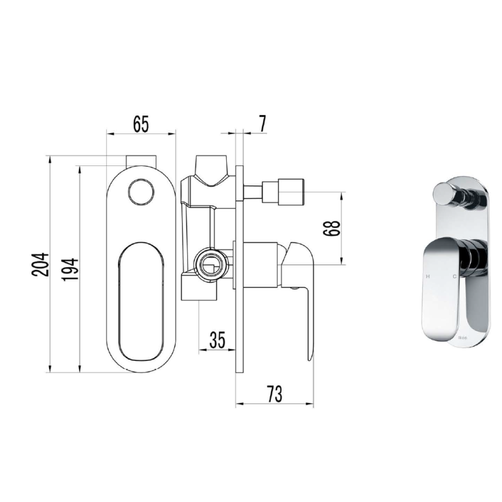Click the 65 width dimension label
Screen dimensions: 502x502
pyautogui.click(x=141, y=124)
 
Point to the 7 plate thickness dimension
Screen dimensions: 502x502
pyautogui.click(x=262, y=124)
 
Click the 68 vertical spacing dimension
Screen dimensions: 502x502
pyautogui.click(x=333, y=229)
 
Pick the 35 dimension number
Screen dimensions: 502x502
pyautogui.click(x=217, y=340)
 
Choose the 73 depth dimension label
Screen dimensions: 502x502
pyautogui.click(x=273, y=393)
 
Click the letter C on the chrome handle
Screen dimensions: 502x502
pyautogui.click(x=454, y=276)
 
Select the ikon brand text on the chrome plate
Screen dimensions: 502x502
pyautogui.click(x=462, y=338)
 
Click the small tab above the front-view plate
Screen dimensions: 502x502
pyautogui.click(x=141, y=161)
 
